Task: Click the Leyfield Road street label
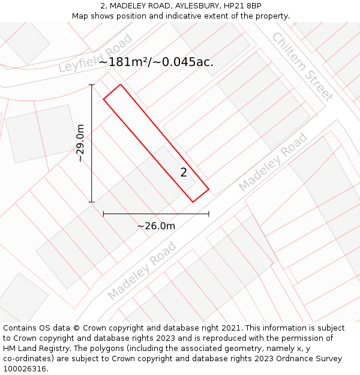[x=95, y=54]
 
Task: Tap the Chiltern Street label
[x=302, y=66]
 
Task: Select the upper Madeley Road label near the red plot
[x=273, y=162]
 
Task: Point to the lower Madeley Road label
[x=142, y=271]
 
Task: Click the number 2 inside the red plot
[x=184, y=173]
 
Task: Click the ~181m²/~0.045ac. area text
[x=156, y=62]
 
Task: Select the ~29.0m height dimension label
[x=80, y=143]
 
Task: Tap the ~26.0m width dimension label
[x=156, y=226]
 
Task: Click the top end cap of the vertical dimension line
[x=92, y=85]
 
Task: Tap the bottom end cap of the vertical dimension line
[x=92, y=202]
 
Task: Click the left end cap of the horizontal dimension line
[x=104, y=213]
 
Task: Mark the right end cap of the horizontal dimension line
[x=209, y=213]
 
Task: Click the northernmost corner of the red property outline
[x=121, y=85]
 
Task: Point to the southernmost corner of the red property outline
[x=193, y=202]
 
